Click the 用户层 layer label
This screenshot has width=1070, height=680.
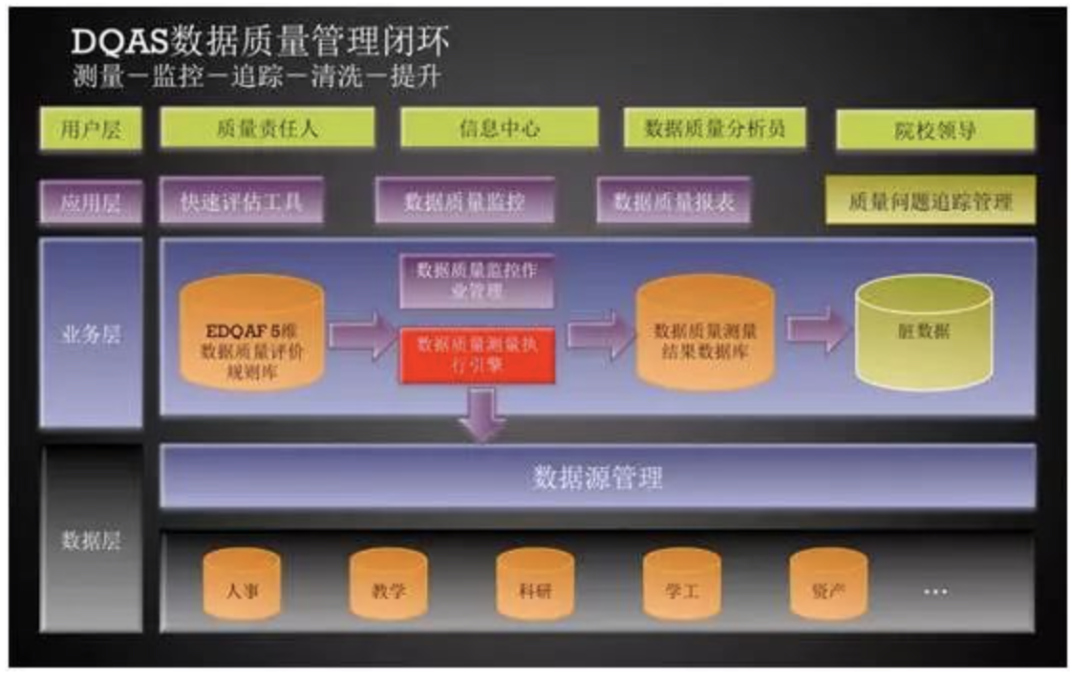pos(91,129)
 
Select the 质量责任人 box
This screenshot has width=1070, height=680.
pos(267,128)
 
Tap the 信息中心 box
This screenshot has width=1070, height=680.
pos(499,128)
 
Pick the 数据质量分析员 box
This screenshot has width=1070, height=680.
pos(714,128)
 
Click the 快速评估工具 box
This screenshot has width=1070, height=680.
pos(241,202)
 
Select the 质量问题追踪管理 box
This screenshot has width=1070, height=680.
pos(929,201)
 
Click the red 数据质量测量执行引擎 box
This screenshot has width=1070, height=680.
pos(477,355)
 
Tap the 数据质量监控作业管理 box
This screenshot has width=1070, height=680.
pos(477,281)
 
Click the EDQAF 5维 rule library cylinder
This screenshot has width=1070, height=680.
pos(252,332)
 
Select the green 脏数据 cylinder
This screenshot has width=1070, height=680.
pos(924,332)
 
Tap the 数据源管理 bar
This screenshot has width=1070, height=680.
pos(597,477)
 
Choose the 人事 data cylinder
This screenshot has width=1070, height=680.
pos(243,584)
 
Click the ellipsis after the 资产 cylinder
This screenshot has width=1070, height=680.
pos(935,592)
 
